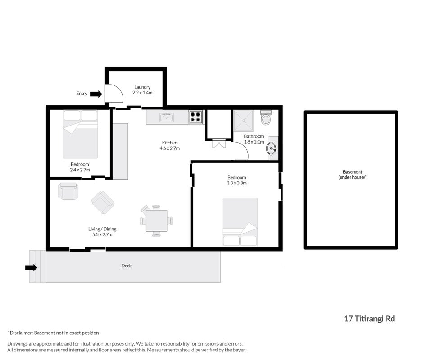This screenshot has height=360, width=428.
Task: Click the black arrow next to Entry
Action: [96, 94]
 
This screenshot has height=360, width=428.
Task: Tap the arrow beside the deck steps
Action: [31, 268]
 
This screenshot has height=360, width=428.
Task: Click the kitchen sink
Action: [166, 117]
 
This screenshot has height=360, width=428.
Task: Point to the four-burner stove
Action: [196, 117]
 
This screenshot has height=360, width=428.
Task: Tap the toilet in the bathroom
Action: [266, 117]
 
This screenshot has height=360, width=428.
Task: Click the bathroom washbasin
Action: [272, 148]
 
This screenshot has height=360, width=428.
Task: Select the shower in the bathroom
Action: [243, 121]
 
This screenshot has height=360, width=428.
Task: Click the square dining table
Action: [156, 220]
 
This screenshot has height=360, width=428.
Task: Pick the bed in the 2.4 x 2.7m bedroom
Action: [81, 134]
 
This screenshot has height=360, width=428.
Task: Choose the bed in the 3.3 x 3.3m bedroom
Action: [240, 222]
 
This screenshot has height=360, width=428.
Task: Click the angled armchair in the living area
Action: [103, 202]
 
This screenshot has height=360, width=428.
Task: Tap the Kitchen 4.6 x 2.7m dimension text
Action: [170, 148]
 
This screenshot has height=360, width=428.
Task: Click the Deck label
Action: [127, 265]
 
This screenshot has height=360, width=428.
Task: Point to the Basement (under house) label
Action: [353, 175]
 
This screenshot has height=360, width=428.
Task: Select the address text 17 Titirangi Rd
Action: [369, 319]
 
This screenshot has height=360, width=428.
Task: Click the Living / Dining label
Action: [102, 229]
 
